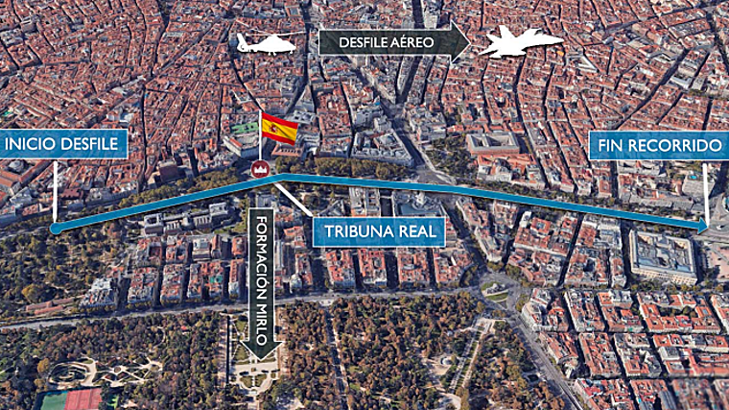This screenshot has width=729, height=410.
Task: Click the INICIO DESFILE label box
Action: pyautogui.click(x=64, y=145)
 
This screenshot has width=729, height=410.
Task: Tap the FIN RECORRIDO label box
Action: pyautogui.click(x=659, y=146)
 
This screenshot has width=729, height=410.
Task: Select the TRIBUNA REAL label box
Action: pyautogui.click(x=379, y=231)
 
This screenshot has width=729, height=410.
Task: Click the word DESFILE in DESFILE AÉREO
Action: pyautogui.click(x=356, y=42)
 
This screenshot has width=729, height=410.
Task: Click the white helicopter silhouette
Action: pyautogui.click(x=267, y=43)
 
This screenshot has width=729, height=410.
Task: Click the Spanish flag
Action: pyautogui.click(x=279, y=128)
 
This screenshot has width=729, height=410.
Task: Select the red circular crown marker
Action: pyautogui.click(x=258, y=169)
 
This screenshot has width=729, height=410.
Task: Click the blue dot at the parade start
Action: pyautogui.click(x=56, y=229)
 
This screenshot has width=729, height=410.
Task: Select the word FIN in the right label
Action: pyautogui.click(x=614, y=146)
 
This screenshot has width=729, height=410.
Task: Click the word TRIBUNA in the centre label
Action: pyautogui.click(x=358, y=231)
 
